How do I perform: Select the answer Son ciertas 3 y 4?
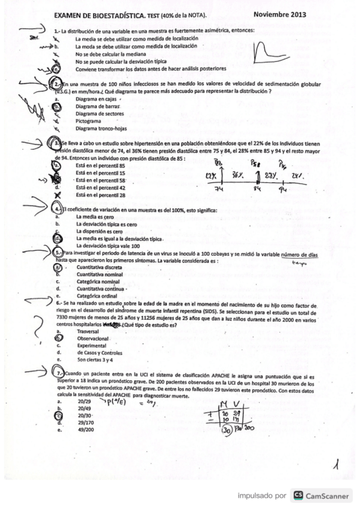tap(97, 360)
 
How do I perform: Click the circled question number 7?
tap(58, 373)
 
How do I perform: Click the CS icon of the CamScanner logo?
tap(297, 496)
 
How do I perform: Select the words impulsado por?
tap(261, 496)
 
